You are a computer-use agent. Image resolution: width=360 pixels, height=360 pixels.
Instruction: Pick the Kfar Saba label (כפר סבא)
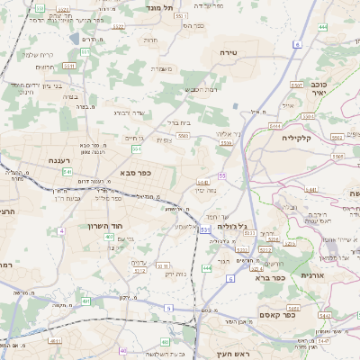click(x=134, y=173)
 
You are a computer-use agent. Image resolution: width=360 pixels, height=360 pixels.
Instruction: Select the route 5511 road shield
click(x=180, y=15)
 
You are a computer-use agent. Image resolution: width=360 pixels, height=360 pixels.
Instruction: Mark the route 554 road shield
click(x=136, y=148)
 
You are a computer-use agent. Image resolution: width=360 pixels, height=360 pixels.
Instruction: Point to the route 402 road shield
click(x=109, y=237)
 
